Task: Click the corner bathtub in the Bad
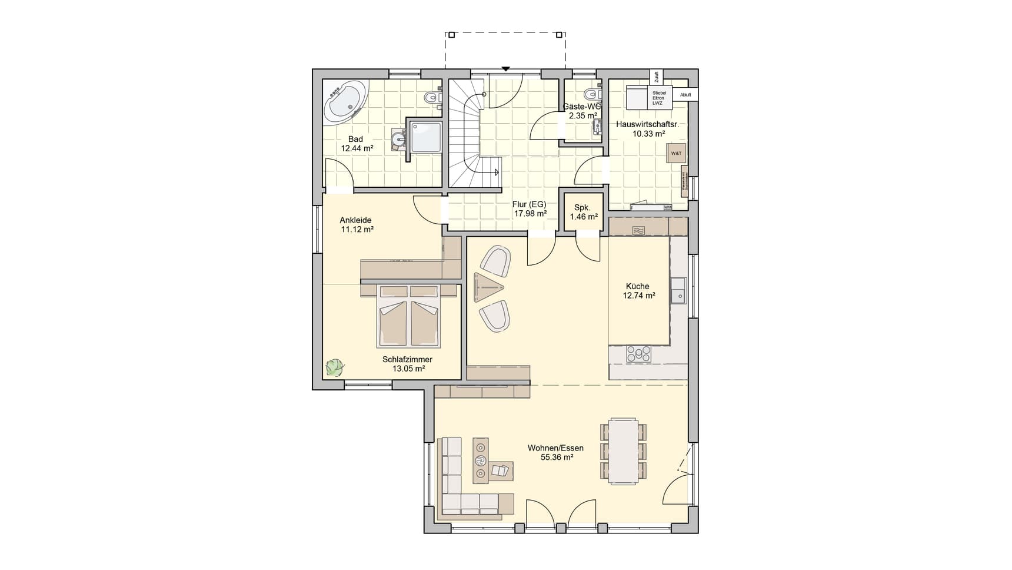click(x=345, y=103)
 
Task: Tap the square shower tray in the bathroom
click(x=425, y=137)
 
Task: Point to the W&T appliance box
click(x=675, y=153)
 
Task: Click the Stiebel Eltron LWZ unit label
click(x=658, y=98)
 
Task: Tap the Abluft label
click(x=685, y=94)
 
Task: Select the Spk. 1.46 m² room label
click(x=583, y=212)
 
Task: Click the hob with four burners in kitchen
click(x=638, y=353)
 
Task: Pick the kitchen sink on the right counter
click(x=678, y=290)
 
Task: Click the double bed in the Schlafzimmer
click(x=409, y=317)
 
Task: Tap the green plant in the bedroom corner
click(x=335, y=367)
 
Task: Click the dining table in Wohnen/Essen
click(x=623, y=450)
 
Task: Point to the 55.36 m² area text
click(x=557, y=457)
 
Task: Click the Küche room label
click(x=638, y=286)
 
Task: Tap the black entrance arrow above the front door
click(x=505, y=69)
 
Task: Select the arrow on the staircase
click(x=497, y=173)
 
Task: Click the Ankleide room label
click(x=355, y=220)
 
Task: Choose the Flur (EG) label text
click(x=529, y=204)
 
